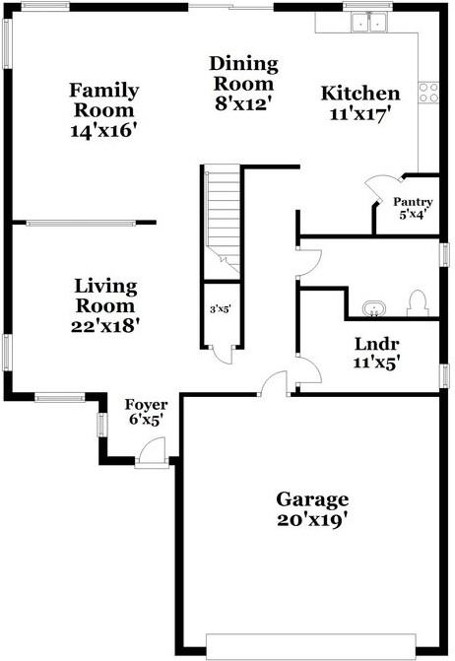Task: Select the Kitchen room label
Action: coord(360,102)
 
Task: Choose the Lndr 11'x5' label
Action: coord(376,352)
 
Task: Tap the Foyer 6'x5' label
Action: coord(145,412)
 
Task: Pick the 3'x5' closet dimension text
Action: coord(220,309)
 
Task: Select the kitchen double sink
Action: coord(370,21)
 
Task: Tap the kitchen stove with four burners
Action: coord(429,93)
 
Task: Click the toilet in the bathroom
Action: coord(417,302)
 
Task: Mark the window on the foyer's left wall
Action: coord(101,425)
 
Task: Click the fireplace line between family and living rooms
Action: coord(89,223)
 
